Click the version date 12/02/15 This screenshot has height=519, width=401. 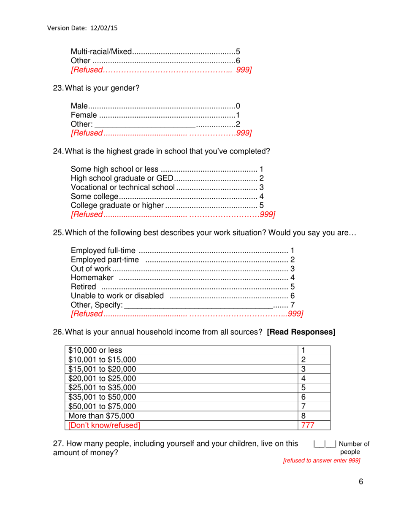103,28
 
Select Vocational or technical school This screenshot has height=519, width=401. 122,187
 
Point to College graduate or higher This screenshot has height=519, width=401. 117,205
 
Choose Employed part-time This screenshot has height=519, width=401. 105,259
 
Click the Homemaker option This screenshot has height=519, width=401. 92,278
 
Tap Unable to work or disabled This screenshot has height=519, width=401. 117,296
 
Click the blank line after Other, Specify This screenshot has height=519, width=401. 198,305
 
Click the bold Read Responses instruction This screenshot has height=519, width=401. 301,332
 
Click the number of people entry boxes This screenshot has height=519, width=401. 324,443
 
